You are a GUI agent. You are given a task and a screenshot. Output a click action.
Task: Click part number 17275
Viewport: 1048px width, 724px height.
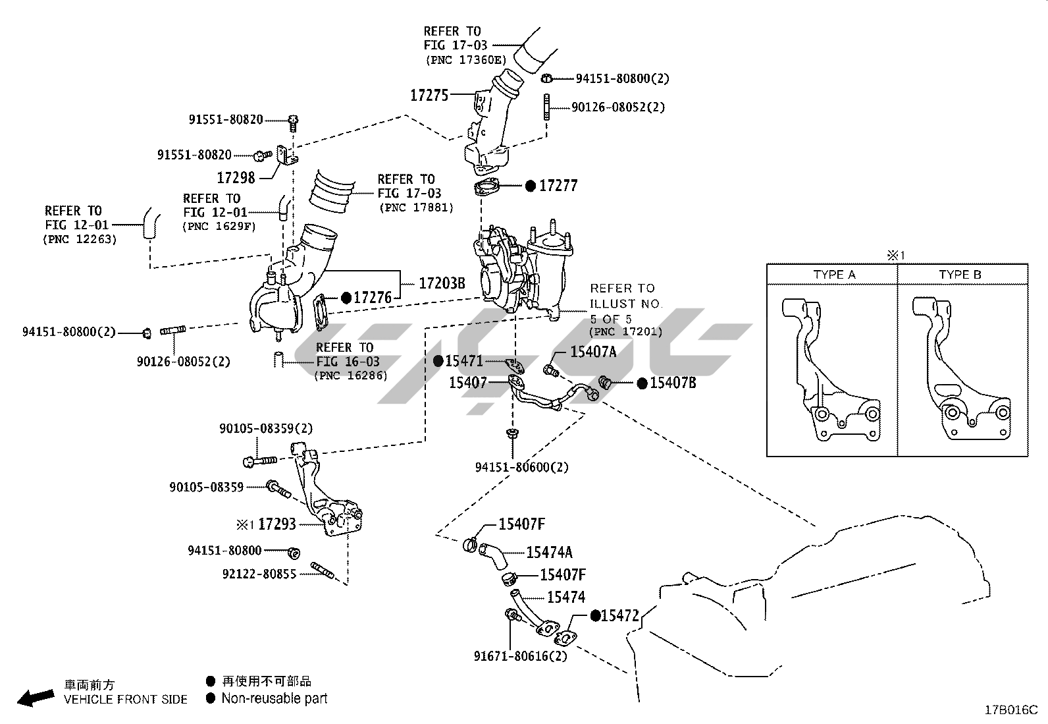(x=429, y=96)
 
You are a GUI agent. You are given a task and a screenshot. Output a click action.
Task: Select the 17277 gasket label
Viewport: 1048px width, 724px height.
(x=558, y=186)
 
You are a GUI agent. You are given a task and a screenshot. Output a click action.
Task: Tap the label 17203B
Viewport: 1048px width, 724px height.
(x=442, y=283)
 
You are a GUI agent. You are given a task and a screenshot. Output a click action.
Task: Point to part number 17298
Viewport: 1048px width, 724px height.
(x=236, y=177)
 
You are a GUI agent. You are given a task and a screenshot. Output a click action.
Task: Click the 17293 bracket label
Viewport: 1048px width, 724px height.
(x=276, y=524)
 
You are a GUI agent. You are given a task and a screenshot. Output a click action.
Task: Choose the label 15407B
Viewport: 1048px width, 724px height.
(x=673, y=383)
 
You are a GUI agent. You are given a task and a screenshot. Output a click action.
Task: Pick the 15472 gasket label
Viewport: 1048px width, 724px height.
(x=620, y=615)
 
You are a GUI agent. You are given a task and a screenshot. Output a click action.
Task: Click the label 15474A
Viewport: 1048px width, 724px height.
(x=549, y=552)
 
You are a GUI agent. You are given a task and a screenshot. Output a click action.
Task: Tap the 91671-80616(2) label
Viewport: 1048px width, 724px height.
(x=520, y=656)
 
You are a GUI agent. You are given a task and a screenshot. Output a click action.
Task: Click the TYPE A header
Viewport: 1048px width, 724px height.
(x=834, y=275)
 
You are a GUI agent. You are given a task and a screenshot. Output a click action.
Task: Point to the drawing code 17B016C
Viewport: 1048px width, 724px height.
(x=1010, y=710)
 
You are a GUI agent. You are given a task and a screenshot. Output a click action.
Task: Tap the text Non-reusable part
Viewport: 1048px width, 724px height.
(x=274, y=698)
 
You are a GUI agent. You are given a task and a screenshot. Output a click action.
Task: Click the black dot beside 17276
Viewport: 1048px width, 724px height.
(x=346, y=298)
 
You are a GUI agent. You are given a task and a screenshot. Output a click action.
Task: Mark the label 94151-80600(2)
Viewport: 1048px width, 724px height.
(x=521, y=467)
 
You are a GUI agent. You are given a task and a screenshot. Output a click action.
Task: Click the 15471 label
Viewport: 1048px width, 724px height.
(x=464, y=361)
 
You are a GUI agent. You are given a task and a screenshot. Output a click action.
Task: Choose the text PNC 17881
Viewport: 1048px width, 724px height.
(x=416, y=208)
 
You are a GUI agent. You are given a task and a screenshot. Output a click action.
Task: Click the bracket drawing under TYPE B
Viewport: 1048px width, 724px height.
(x=961, y=372)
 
